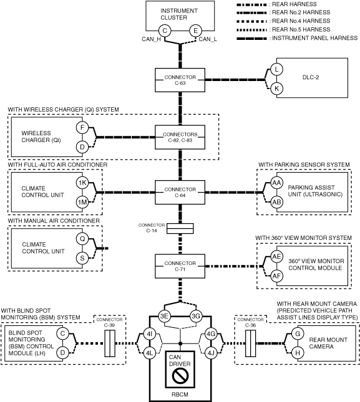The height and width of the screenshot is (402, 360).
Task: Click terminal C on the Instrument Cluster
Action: (x=165, y=31)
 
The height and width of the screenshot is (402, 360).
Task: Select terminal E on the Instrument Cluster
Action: (x=195, y=31)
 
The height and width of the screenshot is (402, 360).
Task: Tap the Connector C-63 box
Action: (x=180, y=80)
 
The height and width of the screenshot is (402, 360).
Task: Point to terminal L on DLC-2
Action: (x=276, y=69)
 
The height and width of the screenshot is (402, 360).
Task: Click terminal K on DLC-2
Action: (x=276, y=89)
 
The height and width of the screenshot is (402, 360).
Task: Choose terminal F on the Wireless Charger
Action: (x=82, y=127)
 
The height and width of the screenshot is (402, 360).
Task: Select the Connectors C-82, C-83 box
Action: (x=180, y=137)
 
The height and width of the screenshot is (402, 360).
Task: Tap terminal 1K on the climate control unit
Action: (x=82, y=183)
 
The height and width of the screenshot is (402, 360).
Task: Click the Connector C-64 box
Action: (x=180, y=193)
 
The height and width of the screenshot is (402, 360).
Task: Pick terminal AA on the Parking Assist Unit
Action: (x=276, y=183)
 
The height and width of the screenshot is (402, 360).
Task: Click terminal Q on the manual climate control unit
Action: (x=82, y=239)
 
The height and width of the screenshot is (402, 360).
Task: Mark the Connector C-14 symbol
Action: (x=180, y=229)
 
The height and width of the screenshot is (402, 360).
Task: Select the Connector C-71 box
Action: (x=180, y=266)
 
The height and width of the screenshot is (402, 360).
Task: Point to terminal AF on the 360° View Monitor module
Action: (x=276, y=276)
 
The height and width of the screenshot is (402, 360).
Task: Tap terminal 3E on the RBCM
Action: (x=164, y=316)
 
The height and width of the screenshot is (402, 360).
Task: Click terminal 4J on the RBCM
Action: (x=211, y=353)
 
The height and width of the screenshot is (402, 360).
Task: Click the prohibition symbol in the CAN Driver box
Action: (x=180, y=376)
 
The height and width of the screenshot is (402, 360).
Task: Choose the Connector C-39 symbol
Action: (x=110, y=343)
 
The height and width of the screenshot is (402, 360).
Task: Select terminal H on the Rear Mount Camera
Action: (x=298, y=353)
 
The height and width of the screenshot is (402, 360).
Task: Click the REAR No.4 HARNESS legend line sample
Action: (x=251, y=21)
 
